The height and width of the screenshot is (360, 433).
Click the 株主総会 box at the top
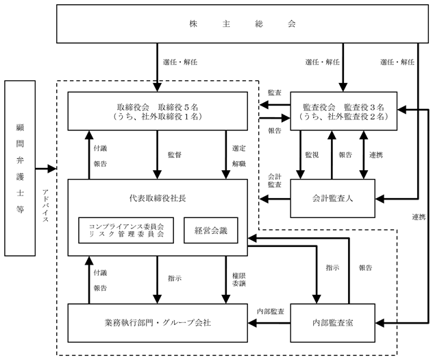pos(243,24)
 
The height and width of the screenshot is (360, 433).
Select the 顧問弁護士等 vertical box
pos(20,168)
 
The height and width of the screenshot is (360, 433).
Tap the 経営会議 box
pos(211,230)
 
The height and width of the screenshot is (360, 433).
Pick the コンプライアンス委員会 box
pos(126,230)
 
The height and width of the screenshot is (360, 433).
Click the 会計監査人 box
pos(333,198)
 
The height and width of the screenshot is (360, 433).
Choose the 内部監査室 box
pos(333,323)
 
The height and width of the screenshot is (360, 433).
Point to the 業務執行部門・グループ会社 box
pos(158,323)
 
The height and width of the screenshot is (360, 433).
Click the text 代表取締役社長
pos(158,198)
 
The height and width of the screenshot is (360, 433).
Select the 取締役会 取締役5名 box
pos(158,111)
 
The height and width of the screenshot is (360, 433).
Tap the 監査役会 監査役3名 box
pos(344,111)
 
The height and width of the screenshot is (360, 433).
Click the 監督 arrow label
pos(175,155)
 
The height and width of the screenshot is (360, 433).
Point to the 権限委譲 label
pos(239,279)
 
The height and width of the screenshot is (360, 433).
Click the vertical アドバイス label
pos(46,206)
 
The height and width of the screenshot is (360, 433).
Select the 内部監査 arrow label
pos(271,311)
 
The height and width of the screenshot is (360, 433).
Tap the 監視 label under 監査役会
pos(312,155)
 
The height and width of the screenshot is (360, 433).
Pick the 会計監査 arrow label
pos(275,180)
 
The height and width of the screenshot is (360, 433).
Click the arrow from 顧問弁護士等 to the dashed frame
pos(46,168)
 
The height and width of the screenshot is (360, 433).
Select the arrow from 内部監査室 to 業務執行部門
pos(269,323)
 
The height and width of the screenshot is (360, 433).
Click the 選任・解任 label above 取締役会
pos(180,62)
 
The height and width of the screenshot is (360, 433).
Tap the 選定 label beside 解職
pos(239,148)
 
